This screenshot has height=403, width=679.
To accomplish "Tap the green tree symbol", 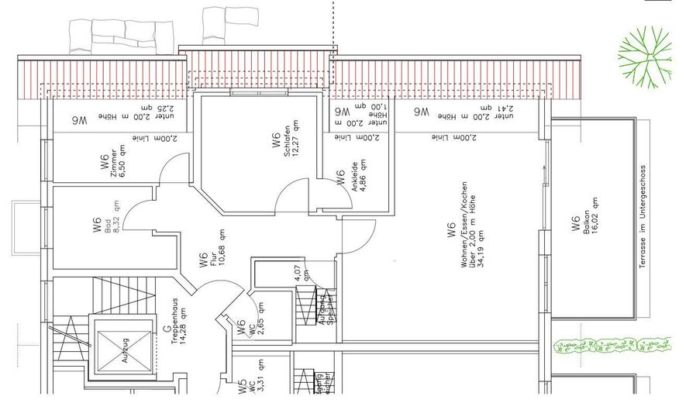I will coord(644,57).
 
